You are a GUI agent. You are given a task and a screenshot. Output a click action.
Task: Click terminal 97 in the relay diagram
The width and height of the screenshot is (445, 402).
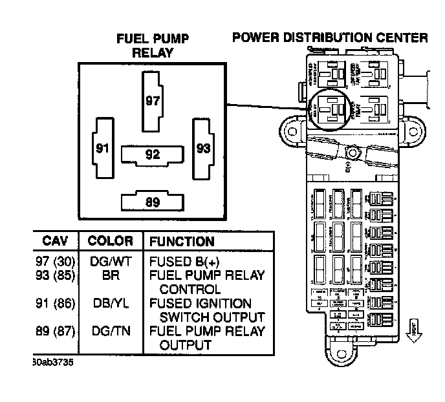click(152, 101)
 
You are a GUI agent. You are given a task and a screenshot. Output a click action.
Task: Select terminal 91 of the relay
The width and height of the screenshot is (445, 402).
click(102, 148)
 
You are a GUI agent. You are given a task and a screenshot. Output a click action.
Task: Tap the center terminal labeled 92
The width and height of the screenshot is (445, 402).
click(152, 154)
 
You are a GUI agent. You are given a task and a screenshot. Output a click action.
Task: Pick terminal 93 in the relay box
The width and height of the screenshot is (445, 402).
click(202, 148)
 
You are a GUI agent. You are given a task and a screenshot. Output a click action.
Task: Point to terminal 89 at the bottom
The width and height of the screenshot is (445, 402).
click(152, 202)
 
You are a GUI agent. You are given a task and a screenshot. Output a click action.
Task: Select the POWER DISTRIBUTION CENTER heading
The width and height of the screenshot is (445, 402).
click(330, 37)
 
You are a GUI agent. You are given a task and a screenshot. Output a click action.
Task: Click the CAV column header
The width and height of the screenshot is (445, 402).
click(55, 241)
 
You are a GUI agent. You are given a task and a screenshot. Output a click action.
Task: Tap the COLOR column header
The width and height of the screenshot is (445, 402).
click(110, 241)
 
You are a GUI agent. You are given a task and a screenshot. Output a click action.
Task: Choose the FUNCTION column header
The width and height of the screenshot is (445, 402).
click(182, 242)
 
